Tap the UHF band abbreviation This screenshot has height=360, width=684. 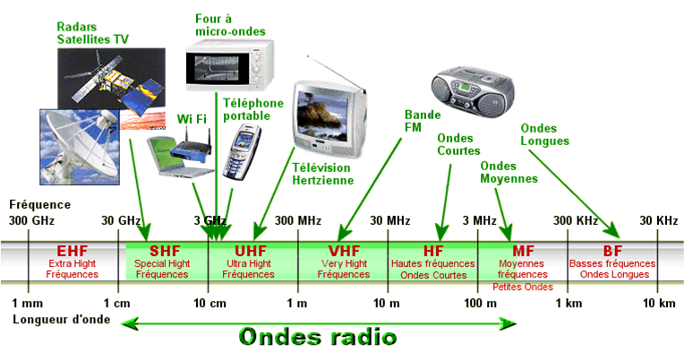(251, 252)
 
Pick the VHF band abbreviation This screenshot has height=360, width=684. (344, 252)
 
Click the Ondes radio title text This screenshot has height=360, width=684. (317, 337)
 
